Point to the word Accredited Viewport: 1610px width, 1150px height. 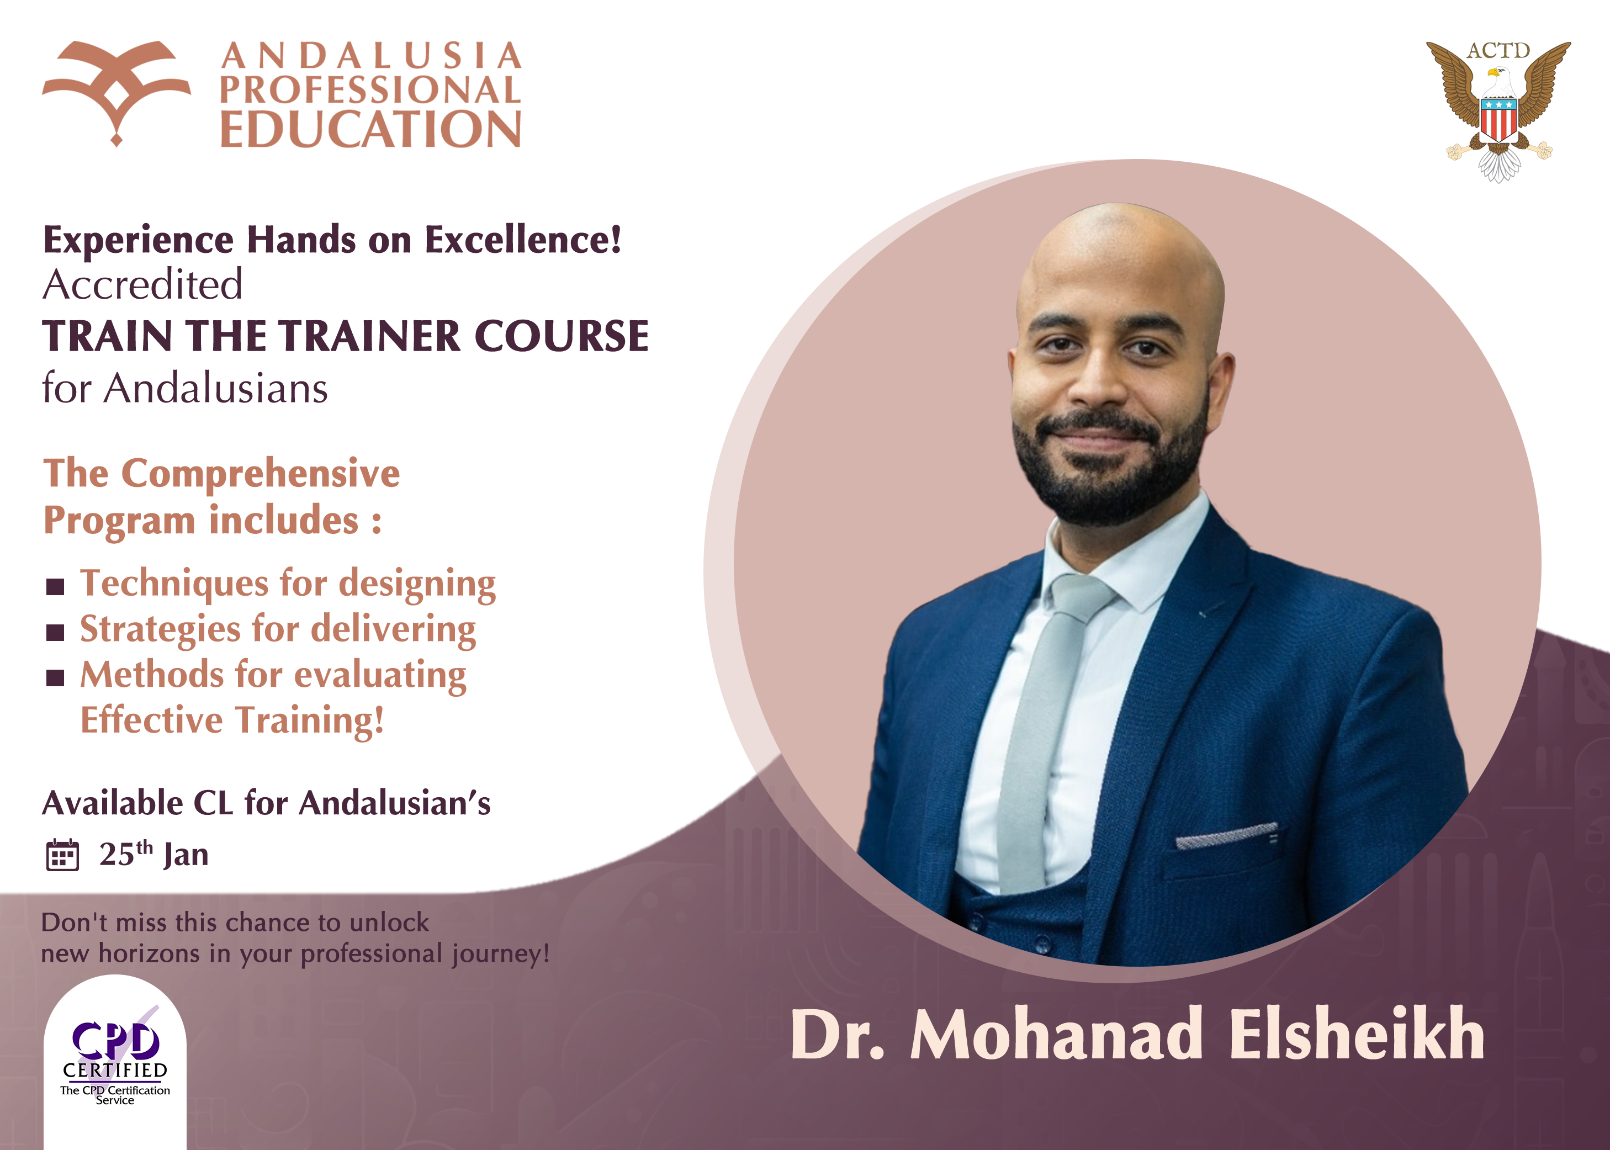point(143,285)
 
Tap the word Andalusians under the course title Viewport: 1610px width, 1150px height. point(216,388)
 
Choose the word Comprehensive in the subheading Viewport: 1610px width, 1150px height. point(261,473)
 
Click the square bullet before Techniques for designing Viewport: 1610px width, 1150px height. point(55,586)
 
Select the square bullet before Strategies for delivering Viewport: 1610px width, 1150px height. point(55,632)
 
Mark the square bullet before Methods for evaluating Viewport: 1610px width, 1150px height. point(55,677)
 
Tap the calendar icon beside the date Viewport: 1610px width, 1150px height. point(62,855)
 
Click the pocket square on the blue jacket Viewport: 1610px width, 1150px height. point(1226,836)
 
